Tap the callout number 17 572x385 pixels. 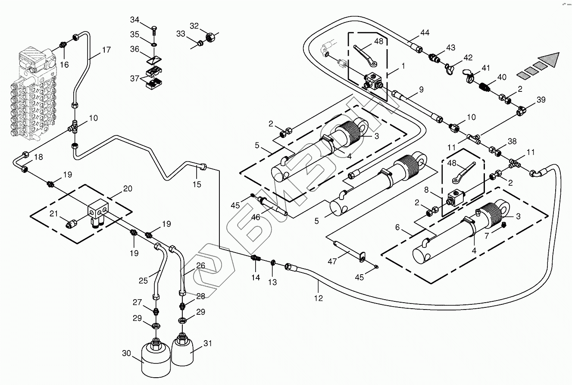click(106, 50)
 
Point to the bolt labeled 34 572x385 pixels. click(154, 31)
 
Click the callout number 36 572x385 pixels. click(135, 50)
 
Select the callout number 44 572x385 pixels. click(425, 33)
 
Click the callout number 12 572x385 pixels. click(319, 297)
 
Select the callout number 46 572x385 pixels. click(256, 217)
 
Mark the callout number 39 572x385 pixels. click(541, 100)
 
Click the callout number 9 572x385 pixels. click(421, 90)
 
